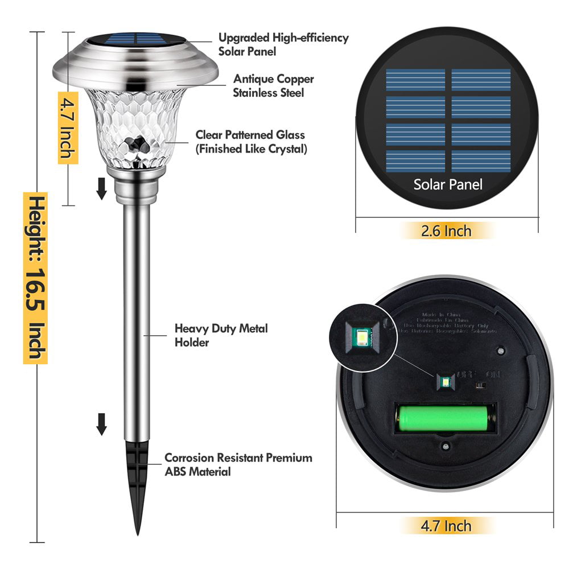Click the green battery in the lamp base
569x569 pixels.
(444, 418)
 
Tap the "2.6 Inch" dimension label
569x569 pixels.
(446, 230)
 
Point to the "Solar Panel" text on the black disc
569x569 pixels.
(448, 184)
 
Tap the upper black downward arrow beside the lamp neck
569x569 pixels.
(102, 188)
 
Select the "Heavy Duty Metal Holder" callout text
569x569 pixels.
(221, 335)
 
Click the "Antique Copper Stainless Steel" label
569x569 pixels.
(273, 85)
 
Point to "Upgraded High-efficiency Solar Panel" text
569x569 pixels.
(283, 44)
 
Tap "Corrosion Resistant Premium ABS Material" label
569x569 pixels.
(238, 464)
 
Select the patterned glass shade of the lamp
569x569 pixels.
(135, 128)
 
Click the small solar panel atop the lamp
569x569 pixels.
(135, 39)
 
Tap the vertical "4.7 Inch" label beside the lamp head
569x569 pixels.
(68, 127)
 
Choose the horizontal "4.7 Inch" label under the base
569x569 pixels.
(446, 525)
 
